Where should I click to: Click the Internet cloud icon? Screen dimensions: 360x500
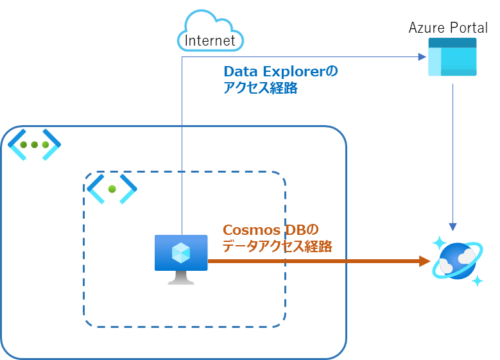(x=211, y=30)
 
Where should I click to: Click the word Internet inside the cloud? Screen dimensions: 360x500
(x=211, y=41)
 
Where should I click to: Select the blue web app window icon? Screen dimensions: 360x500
(x=453, y=57)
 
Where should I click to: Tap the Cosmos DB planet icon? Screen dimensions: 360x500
(x=458, y=261)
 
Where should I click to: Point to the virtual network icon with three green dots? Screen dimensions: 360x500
(x=34, y=145)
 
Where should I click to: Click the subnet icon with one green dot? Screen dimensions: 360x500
(x=112, y=189)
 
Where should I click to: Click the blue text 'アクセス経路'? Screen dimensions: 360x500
(x=261, y=89)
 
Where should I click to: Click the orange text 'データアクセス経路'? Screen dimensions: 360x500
(x=277, y=246)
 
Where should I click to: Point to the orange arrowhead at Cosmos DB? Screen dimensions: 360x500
(x=424, y=261)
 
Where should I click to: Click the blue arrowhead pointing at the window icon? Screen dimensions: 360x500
(x=422, y=57)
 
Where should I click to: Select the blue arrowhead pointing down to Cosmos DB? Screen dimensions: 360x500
(x=453, y=227)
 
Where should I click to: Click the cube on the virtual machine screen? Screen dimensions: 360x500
(x=181, y=253)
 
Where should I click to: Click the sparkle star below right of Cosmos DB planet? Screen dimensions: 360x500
(x=477, y=280)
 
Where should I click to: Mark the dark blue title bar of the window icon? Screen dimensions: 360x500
(x=453, y=42)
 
